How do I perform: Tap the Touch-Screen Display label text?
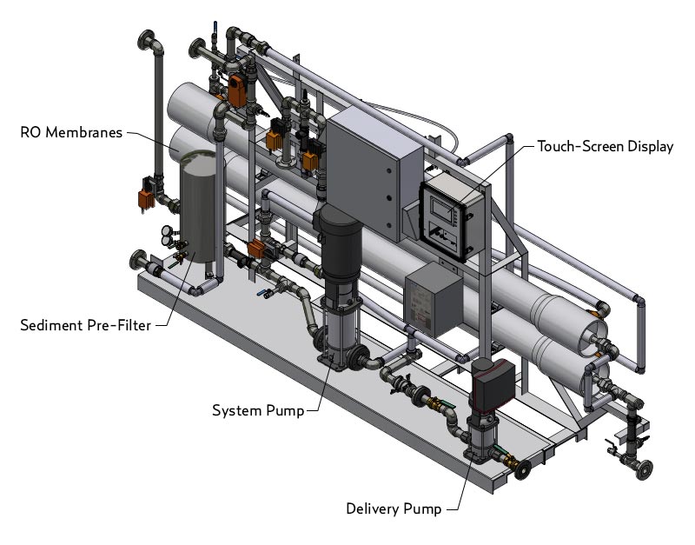click(605, 146)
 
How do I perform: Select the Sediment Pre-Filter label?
click(85, 326)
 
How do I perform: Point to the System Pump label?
click(258, 410)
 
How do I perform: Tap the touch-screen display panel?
click(450, 214)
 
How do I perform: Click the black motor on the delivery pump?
click(492, 386)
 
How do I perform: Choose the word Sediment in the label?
click(50, 326)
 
